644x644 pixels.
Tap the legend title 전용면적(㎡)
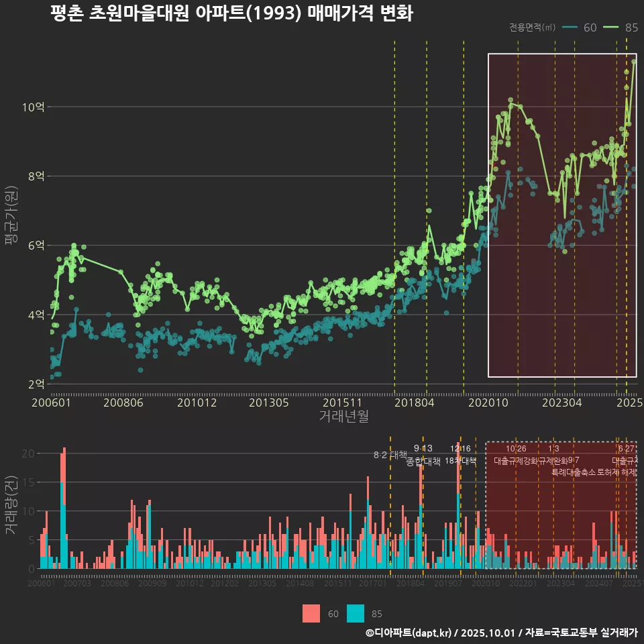point(532,28)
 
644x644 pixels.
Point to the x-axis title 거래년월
point(343,417)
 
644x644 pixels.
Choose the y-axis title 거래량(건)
point(11,505)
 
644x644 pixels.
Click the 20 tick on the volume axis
point(28,453)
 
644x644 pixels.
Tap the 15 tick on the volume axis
point(28,482)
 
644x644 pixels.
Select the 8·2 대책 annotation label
point(390,455)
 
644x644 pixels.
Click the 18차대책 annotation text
point(460,461)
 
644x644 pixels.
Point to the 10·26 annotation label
point(516,449)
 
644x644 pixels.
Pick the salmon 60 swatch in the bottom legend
point(311,613)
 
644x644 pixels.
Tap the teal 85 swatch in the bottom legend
point(356,613)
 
